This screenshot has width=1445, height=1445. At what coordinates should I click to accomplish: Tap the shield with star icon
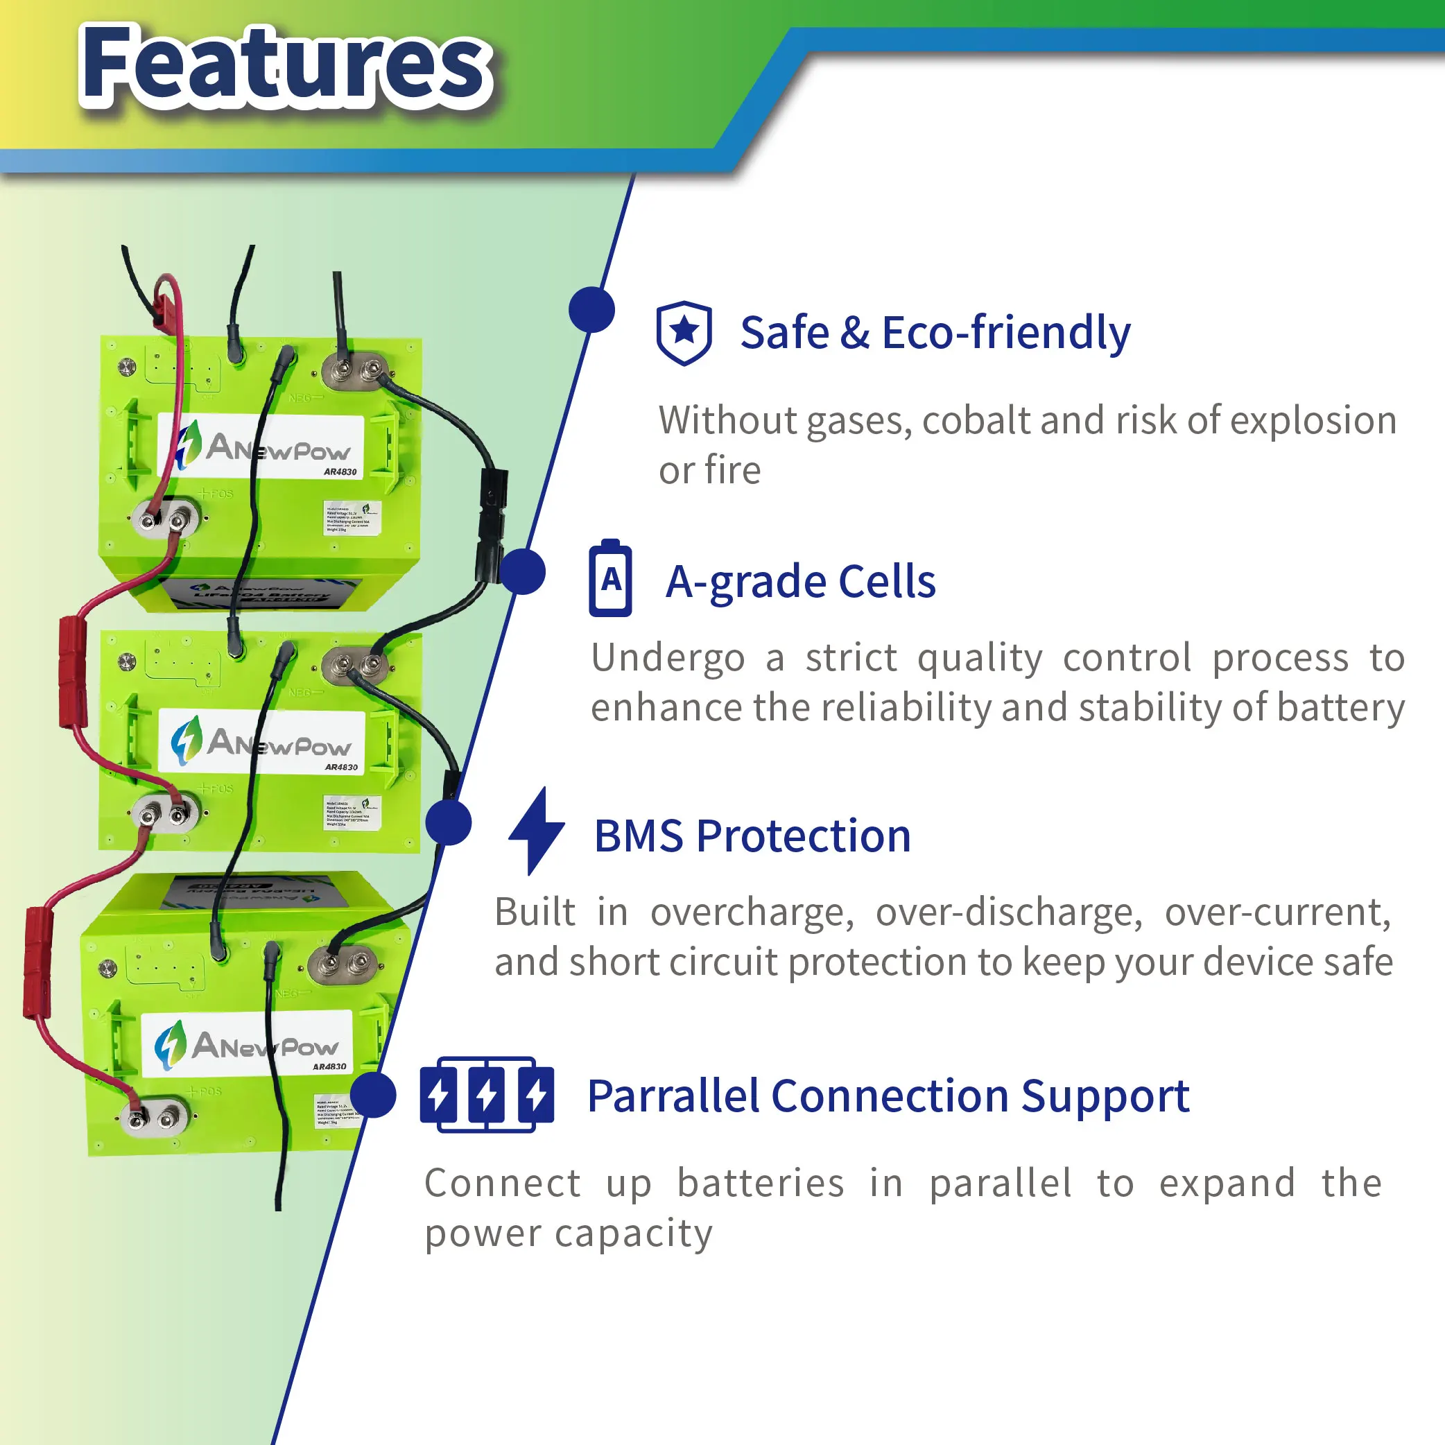point(684,333)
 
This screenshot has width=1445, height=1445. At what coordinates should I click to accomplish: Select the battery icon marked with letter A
point(610,578)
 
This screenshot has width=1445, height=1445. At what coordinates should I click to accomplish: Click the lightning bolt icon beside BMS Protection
point(536,830)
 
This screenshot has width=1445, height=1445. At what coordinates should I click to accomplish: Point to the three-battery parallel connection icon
point(487,1094)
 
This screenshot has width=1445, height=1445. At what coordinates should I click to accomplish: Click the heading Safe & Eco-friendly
point(935,333)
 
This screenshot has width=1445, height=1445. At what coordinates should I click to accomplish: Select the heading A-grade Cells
point(800,582)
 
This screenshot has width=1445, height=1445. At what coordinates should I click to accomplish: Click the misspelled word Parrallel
point(673,1096)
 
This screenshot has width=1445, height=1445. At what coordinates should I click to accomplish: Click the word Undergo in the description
point(668,658)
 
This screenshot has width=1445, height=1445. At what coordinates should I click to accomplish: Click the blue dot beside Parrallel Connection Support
point(373,1095)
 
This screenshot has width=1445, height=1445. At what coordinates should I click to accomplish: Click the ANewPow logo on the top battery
point(262,447)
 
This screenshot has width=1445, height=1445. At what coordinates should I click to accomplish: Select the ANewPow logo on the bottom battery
point(247,1044)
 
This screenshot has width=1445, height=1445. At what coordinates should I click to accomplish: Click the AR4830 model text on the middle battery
point(341,767)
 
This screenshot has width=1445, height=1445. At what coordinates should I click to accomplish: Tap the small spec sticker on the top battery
point(352,517)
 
